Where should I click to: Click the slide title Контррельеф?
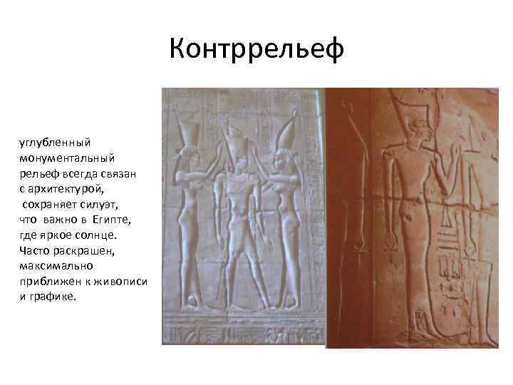tap(257, 49)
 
